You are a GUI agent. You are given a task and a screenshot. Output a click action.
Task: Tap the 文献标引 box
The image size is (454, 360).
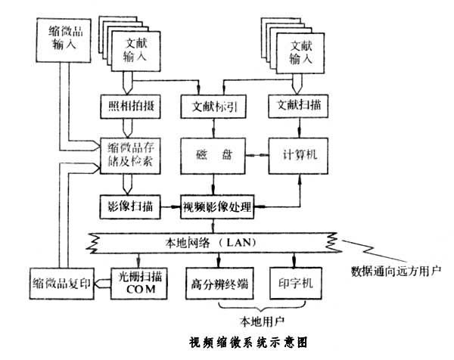(x=210, y=107)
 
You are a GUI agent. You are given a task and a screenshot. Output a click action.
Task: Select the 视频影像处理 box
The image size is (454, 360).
(x=216, y=204)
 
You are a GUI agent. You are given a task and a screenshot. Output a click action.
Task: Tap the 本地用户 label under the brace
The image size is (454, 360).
(x=258, y=319)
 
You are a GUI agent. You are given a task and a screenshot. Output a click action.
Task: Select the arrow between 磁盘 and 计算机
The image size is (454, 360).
(x=257, y=156)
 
